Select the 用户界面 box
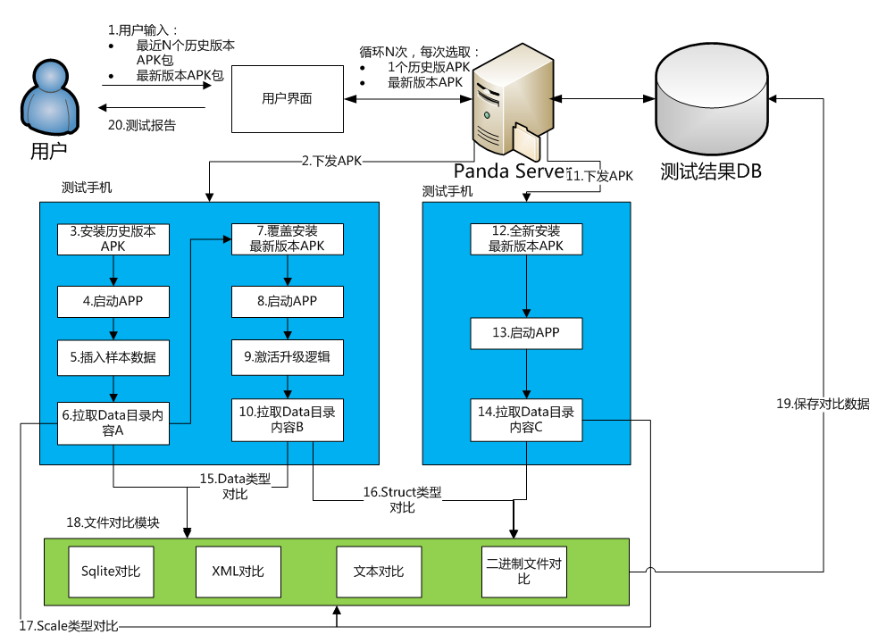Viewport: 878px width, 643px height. point(287,98)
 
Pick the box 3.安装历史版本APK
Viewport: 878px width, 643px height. point(113,238)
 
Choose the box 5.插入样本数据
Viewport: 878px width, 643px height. point(113,357)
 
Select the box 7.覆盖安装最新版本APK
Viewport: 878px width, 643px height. point(287,238)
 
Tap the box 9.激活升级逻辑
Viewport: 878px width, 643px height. point(287,357)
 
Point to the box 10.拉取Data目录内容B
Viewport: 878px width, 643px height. point(287,420)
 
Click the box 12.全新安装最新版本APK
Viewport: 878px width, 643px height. point(526,238)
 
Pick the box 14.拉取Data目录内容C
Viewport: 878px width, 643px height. point(526,420)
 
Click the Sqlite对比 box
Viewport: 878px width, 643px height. point(111,572)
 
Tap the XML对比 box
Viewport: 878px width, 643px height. point(238,572)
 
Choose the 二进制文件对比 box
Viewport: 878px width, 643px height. point(523,572)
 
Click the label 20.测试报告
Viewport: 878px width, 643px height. point(142,126)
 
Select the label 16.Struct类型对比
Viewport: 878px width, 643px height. point(402,500)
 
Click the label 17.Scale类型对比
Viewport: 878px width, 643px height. point(70,625)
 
